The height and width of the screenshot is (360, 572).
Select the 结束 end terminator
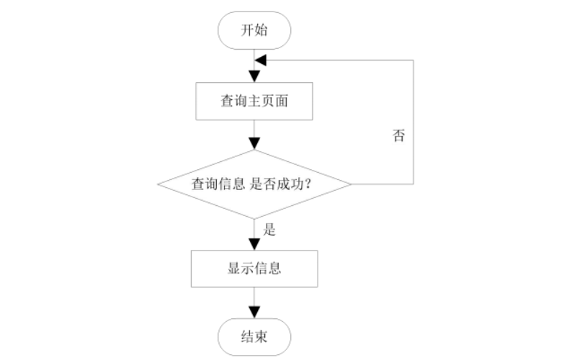click(254, 336)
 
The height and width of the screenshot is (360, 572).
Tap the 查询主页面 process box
click(254, 102)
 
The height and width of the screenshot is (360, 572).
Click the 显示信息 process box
click(254, 268)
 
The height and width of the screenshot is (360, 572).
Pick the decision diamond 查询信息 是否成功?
click(254, 184)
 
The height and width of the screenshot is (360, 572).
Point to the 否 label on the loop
click(398, 136)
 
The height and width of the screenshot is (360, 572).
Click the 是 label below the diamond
click(271, 231)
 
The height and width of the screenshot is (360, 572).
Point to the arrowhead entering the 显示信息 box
click(254, 244)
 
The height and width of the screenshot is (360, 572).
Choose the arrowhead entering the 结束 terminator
click(254, 312)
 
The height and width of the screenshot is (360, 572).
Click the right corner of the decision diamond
click(351, 184)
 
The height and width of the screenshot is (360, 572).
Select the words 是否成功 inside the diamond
click(281, 184)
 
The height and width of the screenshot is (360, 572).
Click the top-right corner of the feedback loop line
click(414, 60)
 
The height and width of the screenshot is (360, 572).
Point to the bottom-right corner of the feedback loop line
click(414, 184)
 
